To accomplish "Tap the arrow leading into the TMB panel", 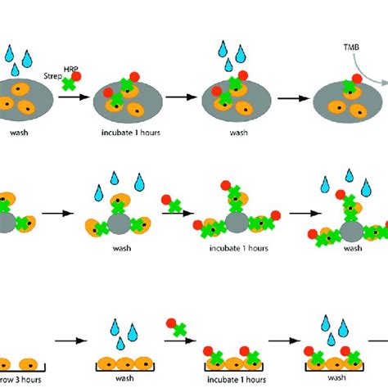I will click(x=290, y=97).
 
